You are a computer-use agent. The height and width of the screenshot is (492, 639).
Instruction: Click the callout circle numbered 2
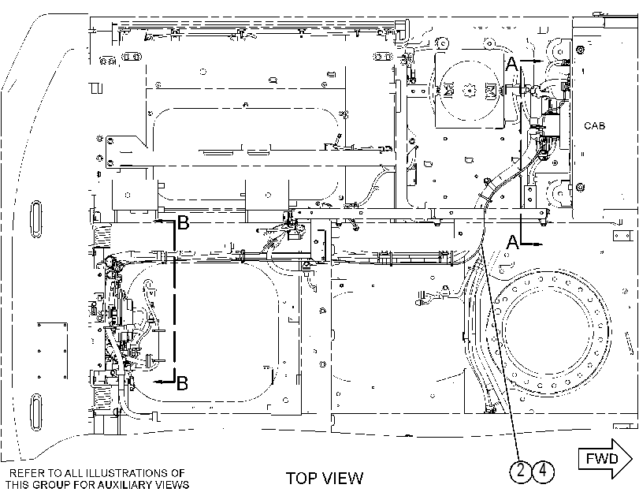521,471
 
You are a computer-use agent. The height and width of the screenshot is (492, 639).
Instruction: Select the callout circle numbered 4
543,471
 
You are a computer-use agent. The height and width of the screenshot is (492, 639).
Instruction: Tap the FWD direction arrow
605,459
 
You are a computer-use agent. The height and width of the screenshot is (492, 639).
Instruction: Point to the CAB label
595,125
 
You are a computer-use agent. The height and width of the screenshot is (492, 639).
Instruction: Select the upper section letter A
512,64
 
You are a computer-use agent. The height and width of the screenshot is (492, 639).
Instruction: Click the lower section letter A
513,242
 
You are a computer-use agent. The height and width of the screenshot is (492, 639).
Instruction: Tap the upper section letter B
184,223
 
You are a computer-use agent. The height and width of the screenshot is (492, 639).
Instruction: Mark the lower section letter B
182,383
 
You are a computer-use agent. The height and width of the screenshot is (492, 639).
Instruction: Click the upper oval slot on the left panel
36,219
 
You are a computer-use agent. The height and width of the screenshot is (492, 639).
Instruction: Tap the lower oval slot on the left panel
36,412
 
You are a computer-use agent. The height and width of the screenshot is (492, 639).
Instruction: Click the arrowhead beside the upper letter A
537,61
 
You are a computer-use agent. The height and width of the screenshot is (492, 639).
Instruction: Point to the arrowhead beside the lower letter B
160,382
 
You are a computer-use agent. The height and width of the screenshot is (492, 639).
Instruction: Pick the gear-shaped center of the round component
470,90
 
